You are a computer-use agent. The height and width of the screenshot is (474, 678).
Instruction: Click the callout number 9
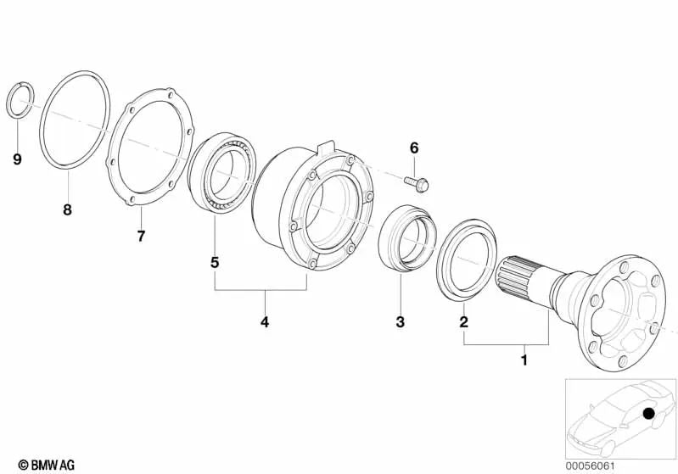(x=18, y=158)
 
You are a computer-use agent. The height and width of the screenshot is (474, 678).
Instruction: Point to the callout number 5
(x=215, y=263)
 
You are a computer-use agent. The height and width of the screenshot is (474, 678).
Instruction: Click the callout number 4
(x=265, y=322)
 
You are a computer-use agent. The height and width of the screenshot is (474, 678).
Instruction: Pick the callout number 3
(x=401, y=322)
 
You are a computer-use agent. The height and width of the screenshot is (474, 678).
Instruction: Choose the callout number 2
(x=463, y=322)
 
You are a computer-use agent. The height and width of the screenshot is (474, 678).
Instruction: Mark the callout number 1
(x=524, y=360)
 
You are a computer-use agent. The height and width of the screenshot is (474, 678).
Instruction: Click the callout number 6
(x=414, y=148)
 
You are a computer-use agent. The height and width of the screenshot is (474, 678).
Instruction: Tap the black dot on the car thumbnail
(x=649, y=415)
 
